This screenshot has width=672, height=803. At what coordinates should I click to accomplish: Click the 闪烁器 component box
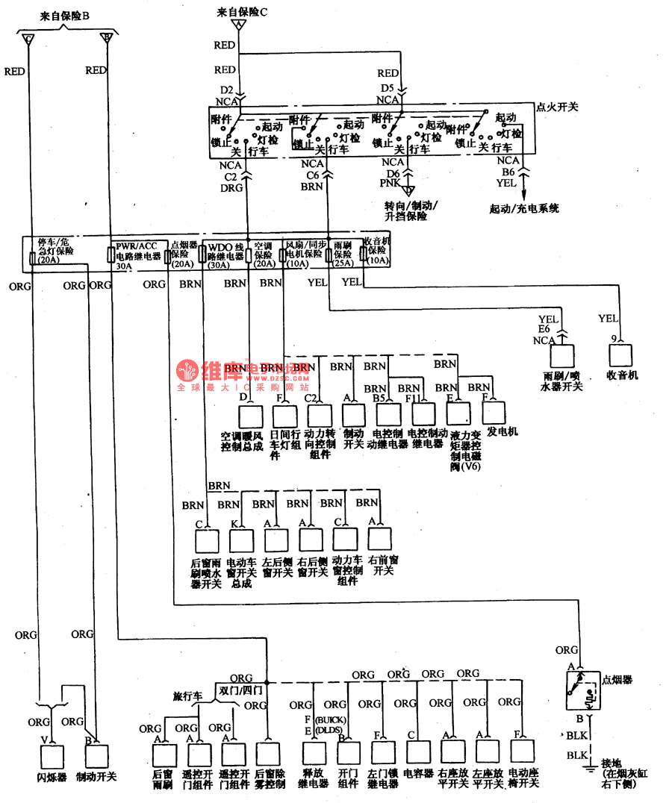click(x=52, y=757)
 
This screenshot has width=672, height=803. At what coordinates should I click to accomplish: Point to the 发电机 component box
click(x=494, y=413)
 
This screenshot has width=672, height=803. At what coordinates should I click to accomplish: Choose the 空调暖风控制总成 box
click(x=251, y=416)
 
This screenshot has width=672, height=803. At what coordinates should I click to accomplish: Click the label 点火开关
click(x=557, y=107)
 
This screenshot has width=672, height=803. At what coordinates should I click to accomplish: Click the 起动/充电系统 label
click(x=523, y=208)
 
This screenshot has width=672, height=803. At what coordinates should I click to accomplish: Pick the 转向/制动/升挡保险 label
click(x=411, y=210)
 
